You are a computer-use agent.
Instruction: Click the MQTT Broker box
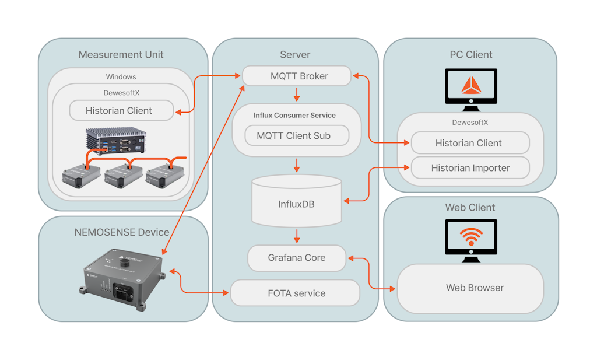pos(297,76)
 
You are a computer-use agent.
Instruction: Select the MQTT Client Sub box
pos(297,135)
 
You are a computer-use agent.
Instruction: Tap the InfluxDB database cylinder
pos(297,201)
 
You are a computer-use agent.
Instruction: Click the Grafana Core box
pos(297,258)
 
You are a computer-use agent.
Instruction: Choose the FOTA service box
pos(296,293)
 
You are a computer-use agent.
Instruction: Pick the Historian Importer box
pos(470,167)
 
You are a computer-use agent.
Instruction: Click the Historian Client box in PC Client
pos(470,143)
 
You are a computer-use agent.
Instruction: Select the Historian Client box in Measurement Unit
pos(121,110)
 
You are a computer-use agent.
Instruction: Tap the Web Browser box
pos(470,288)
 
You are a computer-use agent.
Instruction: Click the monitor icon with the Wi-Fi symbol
pos(471,240)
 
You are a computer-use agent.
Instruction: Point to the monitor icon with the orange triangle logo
pos(471,90)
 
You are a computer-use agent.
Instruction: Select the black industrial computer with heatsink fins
pos(116,141)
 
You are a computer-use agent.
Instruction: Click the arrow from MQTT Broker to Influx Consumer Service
pos(297,95)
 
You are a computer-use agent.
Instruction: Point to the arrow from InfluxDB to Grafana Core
pos(297,236)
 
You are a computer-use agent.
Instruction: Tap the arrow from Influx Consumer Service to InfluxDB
pos(297,165)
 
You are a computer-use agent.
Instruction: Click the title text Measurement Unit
pos(121,54)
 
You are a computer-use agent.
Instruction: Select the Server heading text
pos(295,54)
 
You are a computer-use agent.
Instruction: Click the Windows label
pos(121,76)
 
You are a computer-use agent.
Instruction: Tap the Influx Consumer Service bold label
pos(294,115)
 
